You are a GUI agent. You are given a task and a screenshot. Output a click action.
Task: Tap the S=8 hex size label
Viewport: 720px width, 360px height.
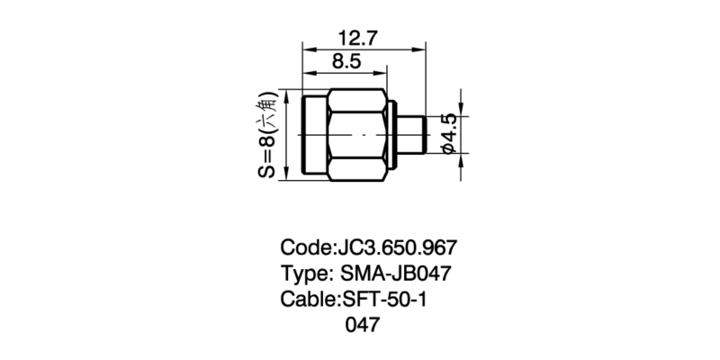click(x=267, y=153)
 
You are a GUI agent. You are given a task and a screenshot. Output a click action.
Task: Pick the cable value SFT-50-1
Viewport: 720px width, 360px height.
click(x=381, y=299)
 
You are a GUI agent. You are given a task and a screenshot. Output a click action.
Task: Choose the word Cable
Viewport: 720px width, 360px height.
click(x=306, y=299)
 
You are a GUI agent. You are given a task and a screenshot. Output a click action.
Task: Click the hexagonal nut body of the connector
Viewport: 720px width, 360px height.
click(x=358, y=134)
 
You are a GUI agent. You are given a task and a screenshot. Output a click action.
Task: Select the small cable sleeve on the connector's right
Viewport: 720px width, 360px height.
click(x=411, y=134)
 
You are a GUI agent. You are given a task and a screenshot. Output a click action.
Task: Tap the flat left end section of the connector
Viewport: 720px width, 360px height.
click(x=314, y=134)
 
